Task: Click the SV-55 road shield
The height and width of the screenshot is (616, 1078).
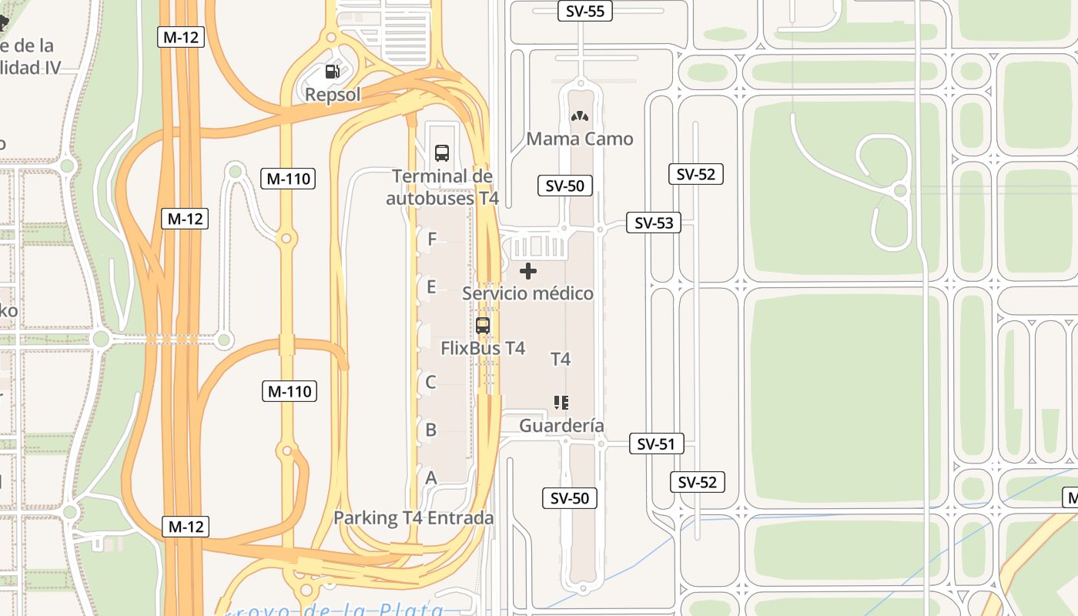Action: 584,11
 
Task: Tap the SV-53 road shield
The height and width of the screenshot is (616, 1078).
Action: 653,223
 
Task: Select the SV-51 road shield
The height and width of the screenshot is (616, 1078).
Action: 656,444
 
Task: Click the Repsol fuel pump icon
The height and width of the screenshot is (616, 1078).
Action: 332,72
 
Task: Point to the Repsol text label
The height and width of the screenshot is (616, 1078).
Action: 333,95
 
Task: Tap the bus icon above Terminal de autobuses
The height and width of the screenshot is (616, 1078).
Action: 442,152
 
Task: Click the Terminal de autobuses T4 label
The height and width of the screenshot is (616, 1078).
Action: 442,187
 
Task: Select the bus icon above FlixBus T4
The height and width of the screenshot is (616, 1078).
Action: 483,325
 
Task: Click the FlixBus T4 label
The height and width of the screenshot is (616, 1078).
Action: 483,348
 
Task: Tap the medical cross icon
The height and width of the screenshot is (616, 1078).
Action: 528,271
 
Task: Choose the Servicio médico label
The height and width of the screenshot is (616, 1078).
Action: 528,293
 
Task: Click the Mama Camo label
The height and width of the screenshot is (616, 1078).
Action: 580,139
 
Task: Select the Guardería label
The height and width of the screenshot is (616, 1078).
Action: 561,426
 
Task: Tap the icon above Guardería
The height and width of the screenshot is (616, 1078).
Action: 561,403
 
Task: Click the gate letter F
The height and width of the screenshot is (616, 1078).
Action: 432,239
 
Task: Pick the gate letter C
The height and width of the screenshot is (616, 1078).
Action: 431,382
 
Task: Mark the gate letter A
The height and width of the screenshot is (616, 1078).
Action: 431,478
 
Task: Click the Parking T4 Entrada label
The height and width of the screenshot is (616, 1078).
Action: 413,518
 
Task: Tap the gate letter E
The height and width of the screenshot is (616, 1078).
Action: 431,287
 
